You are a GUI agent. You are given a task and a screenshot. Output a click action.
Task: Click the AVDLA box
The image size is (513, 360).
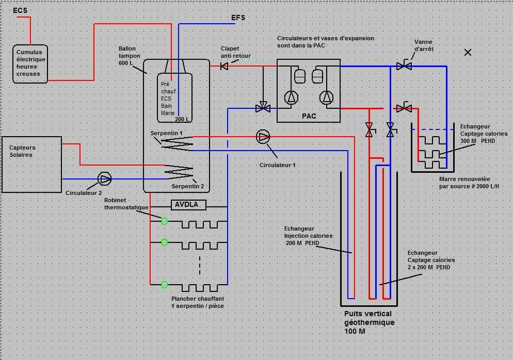(x=188, y=205)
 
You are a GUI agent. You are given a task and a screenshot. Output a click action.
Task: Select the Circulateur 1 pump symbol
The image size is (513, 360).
(x=264, y=137)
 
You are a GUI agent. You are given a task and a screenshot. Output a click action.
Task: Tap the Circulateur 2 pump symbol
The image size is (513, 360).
(x=105, y=179)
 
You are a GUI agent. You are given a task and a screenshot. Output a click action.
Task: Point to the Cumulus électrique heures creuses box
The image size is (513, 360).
(x=31, y=63)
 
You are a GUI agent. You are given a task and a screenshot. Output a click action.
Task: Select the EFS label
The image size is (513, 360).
(x=238, y=18)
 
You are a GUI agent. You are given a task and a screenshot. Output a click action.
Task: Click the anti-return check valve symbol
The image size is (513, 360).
(x=225, y=66)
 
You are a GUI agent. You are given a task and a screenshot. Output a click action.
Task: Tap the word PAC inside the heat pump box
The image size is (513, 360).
(x=309, y=116)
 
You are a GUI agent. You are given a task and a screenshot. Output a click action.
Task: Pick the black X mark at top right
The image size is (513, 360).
(x=468, y=52)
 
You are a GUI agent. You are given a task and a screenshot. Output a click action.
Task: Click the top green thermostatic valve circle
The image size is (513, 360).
(x=165, y=221)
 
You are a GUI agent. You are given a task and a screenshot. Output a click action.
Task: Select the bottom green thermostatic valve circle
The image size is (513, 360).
(x=165, y=284)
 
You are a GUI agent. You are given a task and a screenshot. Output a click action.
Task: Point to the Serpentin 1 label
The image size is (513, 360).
(x=166, y=133)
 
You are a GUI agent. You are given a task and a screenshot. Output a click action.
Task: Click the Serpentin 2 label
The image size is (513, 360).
(x=184, y=186)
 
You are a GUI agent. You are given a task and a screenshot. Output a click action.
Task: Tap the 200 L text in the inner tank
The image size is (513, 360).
(x=182, y=119)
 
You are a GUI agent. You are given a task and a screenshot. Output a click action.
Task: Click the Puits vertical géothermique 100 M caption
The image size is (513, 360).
(x=368, y=322)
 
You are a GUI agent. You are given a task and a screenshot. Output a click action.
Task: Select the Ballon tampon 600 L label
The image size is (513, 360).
(x=130, y=56)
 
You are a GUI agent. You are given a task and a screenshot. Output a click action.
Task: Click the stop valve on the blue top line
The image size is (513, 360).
(x=404, y=66)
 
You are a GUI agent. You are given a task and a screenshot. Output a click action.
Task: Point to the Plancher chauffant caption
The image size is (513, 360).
(x=197, y=302)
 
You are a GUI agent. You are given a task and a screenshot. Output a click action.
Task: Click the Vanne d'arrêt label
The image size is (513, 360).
(x=424, y=45)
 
